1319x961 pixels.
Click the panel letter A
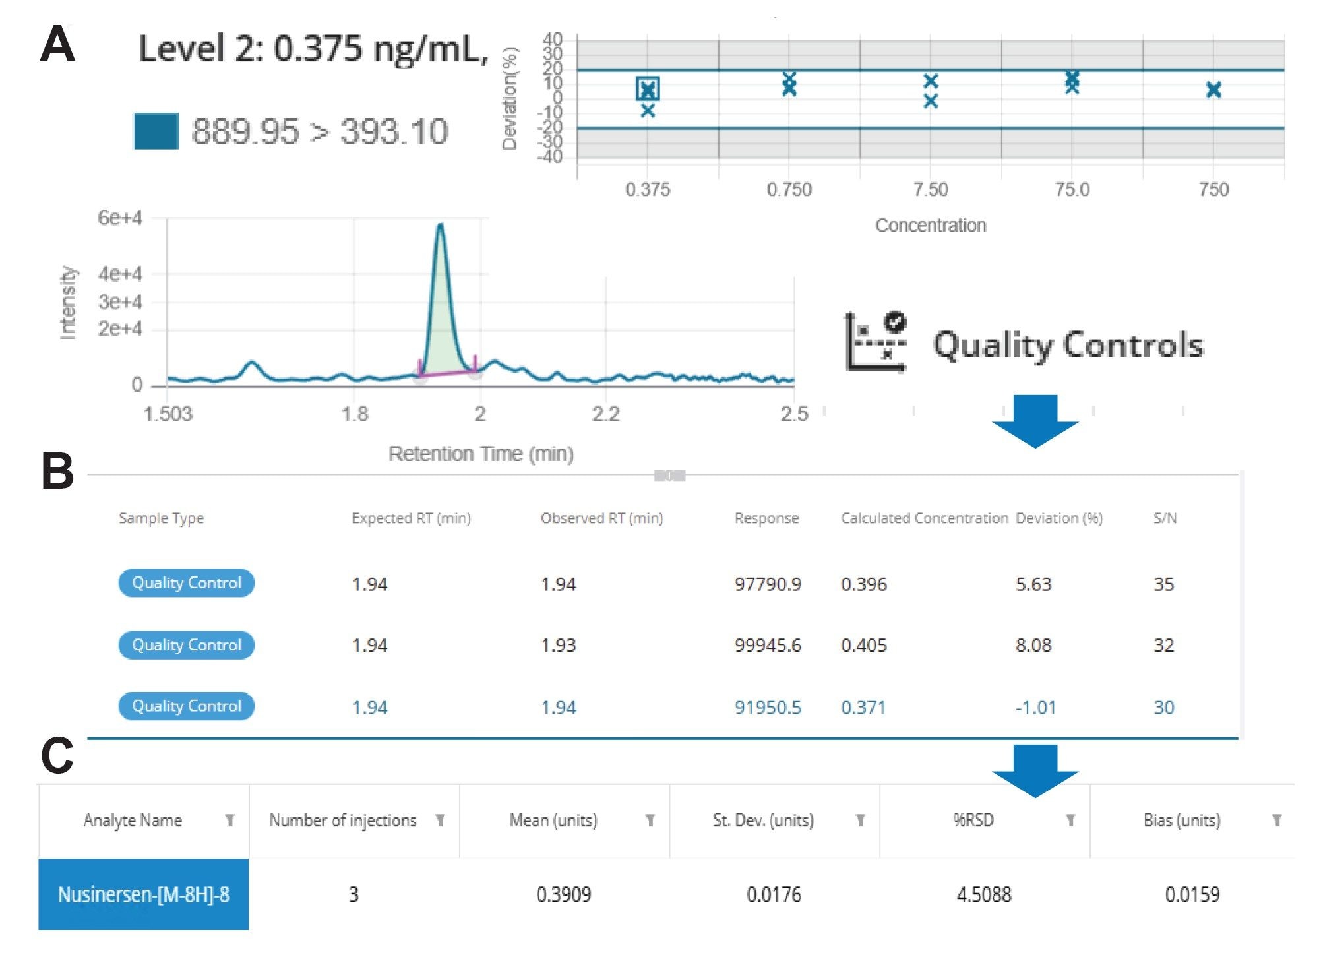tap(57, 45)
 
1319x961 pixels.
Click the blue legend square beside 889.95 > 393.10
tap(156, 131)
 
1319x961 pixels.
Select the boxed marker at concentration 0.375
tap(648, 89)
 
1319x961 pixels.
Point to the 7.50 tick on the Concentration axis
tap(931, 190)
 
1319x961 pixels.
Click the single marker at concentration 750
tap(1213, 90)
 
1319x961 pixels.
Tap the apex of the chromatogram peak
tap(441, 226)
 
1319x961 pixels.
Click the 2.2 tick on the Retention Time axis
tap(605, 414)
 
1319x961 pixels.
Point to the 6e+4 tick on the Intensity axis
tap(119, 218)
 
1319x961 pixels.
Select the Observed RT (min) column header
tap(601, 518)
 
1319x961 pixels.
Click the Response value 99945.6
tap(768, 645)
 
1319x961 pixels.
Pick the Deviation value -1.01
tap(1035, 708)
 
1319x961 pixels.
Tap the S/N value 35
tap(1163, 584)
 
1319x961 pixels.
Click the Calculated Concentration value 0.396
tap(863, 584)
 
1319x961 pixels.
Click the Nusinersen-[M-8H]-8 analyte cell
tap(144, 894)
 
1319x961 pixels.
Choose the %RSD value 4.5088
tap(983, 895)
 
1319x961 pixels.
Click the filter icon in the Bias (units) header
tap(1277, 821)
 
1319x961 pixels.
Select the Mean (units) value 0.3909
tap(563, 895)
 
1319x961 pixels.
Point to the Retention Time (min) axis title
tap(481, 454)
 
